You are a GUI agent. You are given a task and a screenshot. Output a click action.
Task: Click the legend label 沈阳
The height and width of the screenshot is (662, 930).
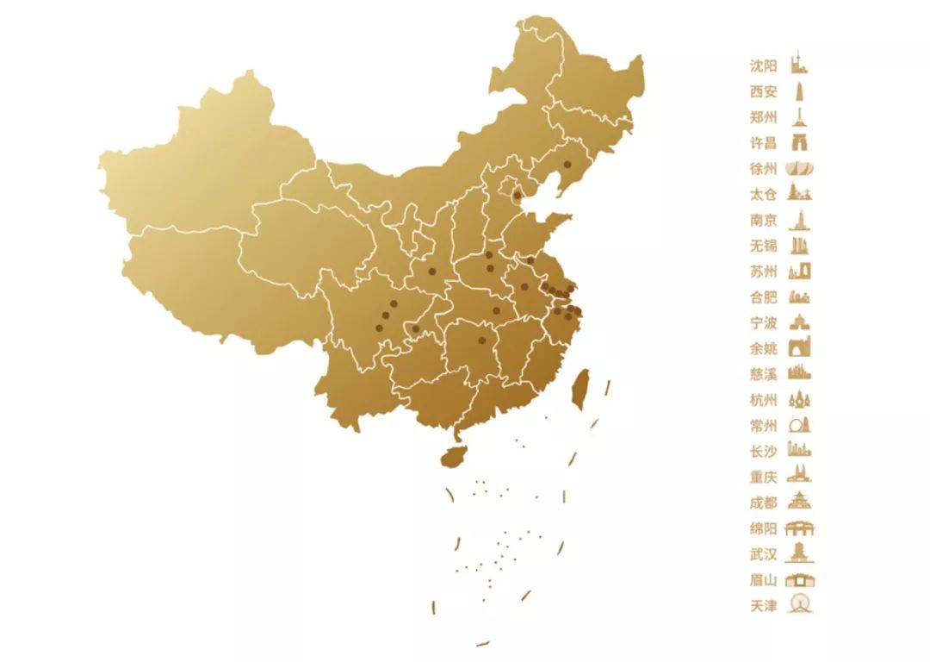(764, 66)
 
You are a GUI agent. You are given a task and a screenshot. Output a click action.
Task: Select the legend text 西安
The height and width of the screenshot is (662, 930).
(764, 91)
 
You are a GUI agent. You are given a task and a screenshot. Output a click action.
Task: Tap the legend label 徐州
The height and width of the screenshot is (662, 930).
(764, 169)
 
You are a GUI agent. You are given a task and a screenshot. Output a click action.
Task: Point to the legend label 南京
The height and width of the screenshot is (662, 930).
(764, 221)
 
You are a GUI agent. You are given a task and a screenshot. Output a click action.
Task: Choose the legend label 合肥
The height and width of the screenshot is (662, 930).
(764, 297)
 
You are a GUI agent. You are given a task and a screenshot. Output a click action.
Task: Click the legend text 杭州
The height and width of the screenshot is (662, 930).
(764, 400)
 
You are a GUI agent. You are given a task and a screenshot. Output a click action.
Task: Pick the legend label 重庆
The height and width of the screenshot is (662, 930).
(764, 477)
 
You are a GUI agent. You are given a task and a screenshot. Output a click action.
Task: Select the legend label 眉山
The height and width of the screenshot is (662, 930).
(764, 580)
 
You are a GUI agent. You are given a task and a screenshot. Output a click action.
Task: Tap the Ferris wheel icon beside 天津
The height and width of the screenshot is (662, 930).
(801, 605)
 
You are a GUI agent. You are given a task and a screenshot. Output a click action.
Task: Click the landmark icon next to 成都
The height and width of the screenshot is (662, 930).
(801, 502)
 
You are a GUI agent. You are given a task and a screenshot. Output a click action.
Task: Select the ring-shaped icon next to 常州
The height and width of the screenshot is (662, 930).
(801, 425)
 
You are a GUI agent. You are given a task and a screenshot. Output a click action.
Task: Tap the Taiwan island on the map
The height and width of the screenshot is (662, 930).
(581, 389)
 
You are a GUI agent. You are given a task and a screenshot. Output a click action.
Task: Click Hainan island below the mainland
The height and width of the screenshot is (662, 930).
(453, 456)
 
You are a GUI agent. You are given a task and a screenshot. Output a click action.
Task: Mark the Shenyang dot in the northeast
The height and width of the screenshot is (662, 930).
(567, 164)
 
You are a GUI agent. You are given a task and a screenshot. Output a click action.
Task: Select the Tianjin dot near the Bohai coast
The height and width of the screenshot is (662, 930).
(517, 196)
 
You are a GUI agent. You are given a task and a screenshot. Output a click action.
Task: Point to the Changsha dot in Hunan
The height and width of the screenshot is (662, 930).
(481, 340)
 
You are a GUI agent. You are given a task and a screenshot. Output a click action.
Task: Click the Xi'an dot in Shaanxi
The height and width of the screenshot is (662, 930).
(432, 272)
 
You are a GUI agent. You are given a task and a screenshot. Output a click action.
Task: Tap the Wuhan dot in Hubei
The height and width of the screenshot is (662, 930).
(496, 310)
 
